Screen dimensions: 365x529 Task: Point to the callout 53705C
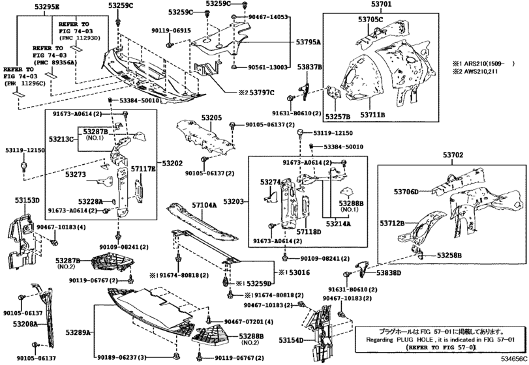pos(371,20)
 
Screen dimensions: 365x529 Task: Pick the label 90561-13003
pos(268,67)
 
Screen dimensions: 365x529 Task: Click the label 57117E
pos(143,169)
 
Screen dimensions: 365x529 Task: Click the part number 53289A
pos(80,332)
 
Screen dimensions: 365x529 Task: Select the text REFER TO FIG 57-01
pos(440,349)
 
